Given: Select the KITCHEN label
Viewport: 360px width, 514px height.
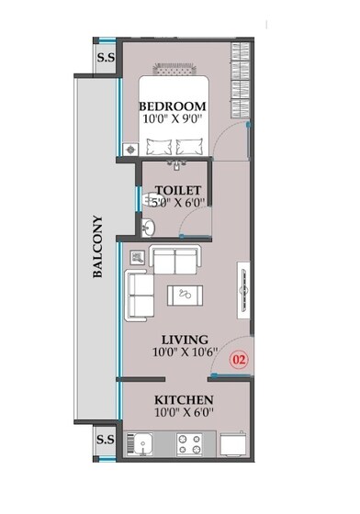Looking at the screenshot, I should coord(183,400).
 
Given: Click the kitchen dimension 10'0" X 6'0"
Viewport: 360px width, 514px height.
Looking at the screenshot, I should coord(183,414).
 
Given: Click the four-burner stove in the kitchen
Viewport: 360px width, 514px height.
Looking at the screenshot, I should coord(188,443).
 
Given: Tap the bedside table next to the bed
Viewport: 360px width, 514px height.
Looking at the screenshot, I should coord(131,148).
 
